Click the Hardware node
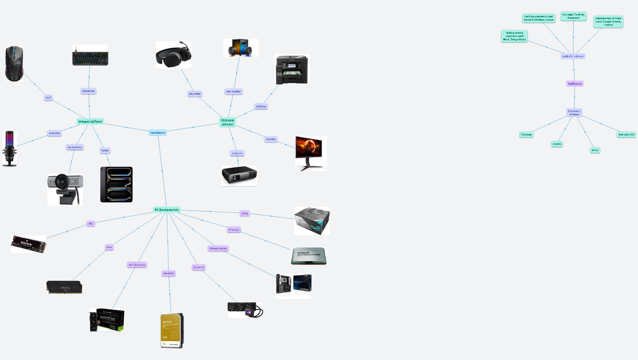click(x=158, y=133)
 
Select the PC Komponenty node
click(x=167, y=210)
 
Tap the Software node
click(x=575, y=83)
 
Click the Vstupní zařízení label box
click(x=90, y=121)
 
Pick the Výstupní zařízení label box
click(x=228, y=122)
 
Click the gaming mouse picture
click(x=14, y=64)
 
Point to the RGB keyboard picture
click(x=90, y=55)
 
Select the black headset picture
click(x=174, y=55)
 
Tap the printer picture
click(x=292, y=69)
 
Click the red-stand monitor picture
click(x=311, y=153)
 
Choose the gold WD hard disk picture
click(x=172, y=330)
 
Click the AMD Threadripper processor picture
click(x=309, y=256)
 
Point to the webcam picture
click(x=65, y=189)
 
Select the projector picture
click(x=239, y=176)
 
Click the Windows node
click(x=526, y=135)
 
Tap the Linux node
click(x=595, y=150)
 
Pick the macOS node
click(x=557, y=144)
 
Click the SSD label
click(x=91, y=224)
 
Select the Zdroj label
click(x=244, y=213)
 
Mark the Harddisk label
click(x=168, y=273)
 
